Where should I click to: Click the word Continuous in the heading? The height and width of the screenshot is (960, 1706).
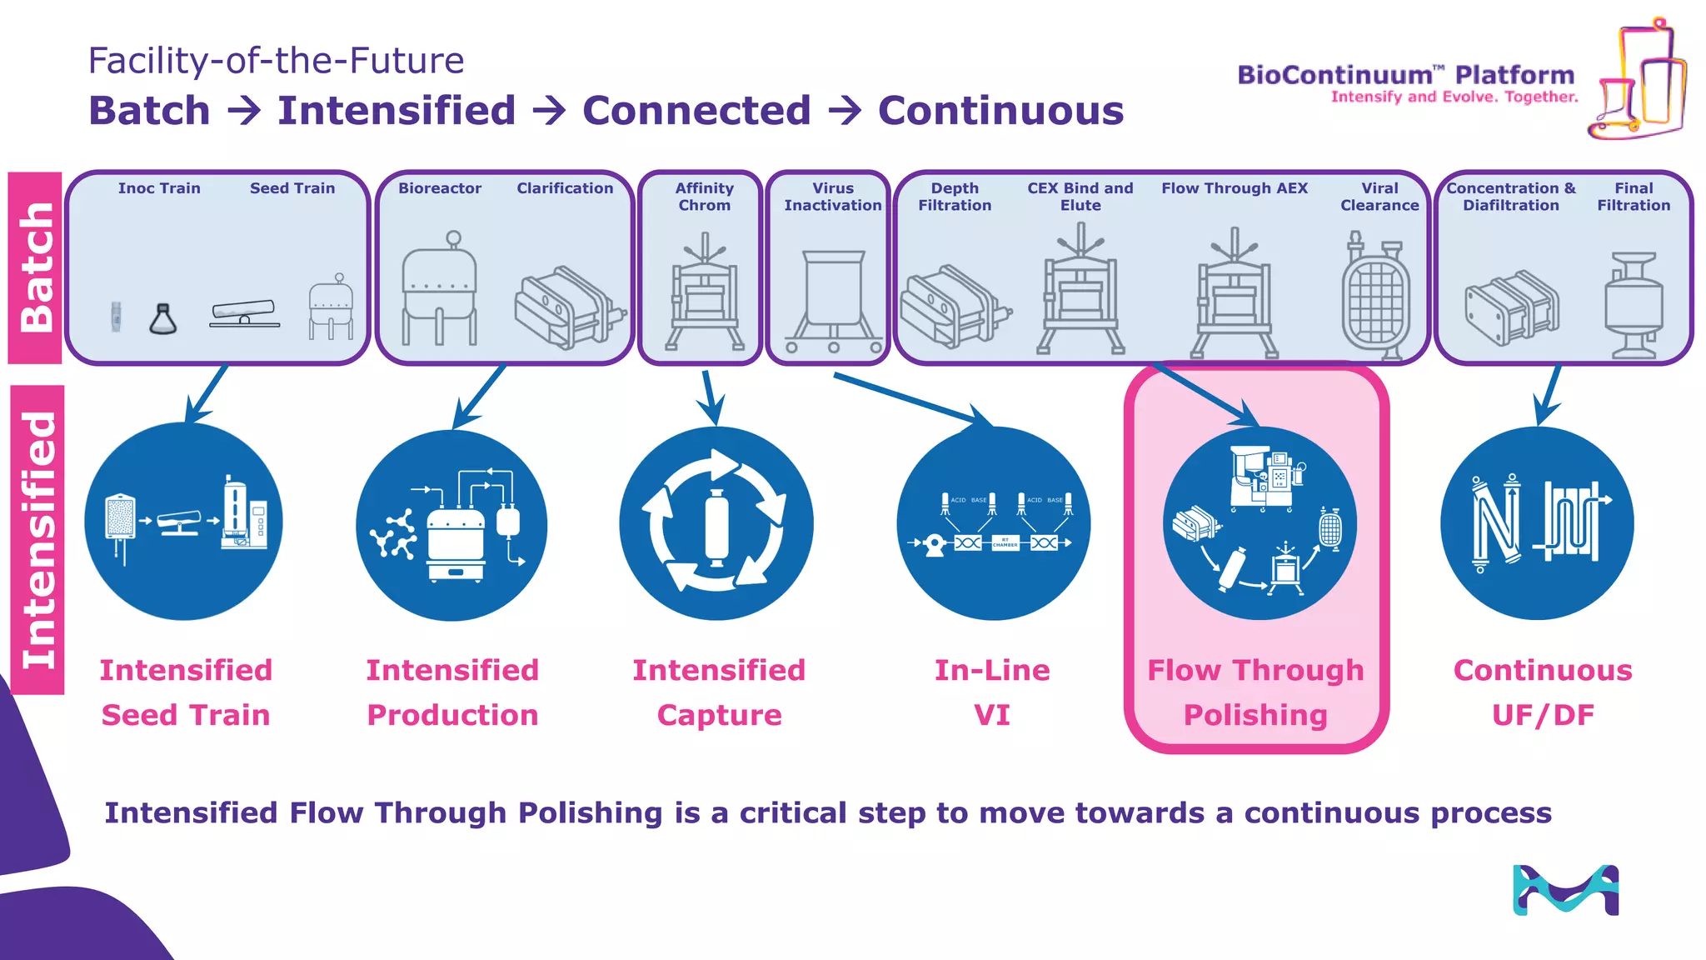coord(1000,111)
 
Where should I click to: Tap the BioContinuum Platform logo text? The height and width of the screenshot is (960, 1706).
coord(1405,76)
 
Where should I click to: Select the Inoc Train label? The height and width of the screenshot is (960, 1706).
coord(159,188)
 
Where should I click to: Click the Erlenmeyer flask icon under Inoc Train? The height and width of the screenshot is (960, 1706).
coord(163,320)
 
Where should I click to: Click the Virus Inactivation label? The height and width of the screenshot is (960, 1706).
coord(832,197)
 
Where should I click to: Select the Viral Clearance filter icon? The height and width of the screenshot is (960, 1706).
coord(1375,297)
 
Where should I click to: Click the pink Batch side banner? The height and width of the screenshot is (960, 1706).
coord(35,267)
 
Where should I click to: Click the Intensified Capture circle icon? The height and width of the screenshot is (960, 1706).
coord(716,523)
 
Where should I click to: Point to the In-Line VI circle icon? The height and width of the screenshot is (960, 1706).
coord(993,523)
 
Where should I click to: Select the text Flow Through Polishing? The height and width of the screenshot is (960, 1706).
coord(1255,692)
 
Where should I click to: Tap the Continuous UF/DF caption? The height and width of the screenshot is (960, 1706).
coord(1543,692)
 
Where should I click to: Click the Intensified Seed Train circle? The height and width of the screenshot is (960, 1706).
coord(184,522)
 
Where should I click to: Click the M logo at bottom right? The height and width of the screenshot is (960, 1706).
coord(1565,890)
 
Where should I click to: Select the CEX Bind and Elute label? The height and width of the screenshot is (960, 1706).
coord(1080,197)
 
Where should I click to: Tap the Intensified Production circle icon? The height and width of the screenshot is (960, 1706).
coord(451,525)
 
